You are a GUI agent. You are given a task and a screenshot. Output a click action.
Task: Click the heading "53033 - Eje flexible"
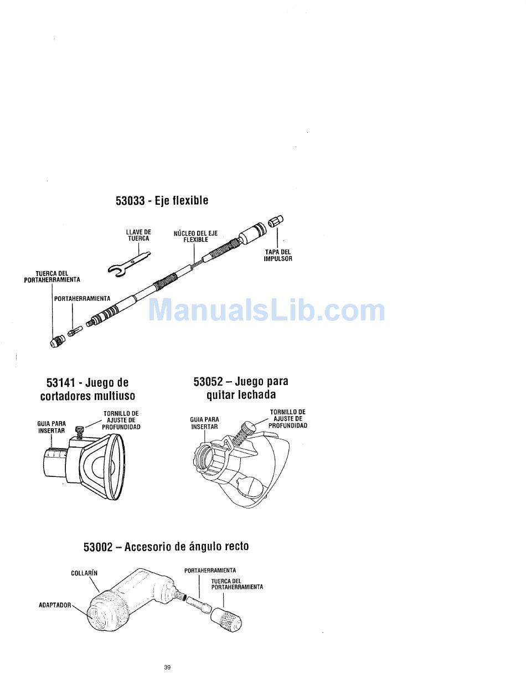pos(162,200)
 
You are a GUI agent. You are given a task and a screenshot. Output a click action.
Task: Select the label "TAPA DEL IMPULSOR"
pos(277,256)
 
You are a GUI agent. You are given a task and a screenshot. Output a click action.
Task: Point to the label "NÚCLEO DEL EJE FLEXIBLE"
pos(195,236)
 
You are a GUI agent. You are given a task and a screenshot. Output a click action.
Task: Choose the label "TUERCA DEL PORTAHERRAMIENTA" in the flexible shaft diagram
pos(51,277)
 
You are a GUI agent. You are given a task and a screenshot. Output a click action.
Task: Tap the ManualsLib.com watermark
pos(266,310)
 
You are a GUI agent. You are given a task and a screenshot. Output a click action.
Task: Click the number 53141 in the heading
pos(61,383)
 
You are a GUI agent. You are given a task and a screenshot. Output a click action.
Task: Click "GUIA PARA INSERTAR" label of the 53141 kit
pos(51,427)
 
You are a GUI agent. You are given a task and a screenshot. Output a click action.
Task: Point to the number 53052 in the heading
pos(208,382)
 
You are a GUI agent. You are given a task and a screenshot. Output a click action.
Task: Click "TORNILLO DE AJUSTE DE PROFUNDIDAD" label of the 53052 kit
pos(287,419)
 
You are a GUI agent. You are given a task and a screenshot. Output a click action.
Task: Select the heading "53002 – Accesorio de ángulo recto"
pos(166,547)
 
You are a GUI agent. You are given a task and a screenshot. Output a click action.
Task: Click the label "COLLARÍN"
pos(84,573)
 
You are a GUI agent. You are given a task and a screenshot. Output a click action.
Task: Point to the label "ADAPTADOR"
pos(55,605)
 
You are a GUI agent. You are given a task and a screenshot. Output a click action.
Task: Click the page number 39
pos(167,667)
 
